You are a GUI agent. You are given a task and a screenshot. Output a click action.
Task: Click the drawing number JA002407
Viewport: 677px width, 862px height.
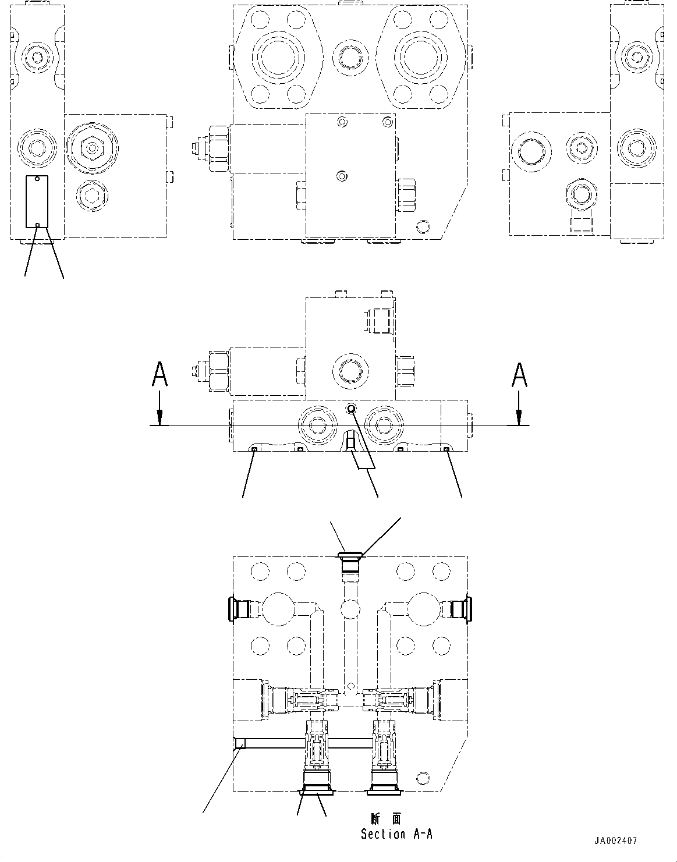click(615, 841)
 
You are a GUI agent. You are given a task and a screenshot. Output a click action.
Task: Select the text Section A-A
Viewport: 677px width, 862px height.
click(396, 834)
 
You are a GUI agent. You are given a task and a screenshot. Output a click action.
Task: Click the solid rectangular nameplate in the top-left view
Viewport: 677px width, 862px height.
click(36, 202)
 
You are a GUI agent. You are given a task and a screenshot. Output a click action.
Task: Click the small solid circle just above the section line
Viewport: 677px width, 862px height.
click(350, 409)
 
